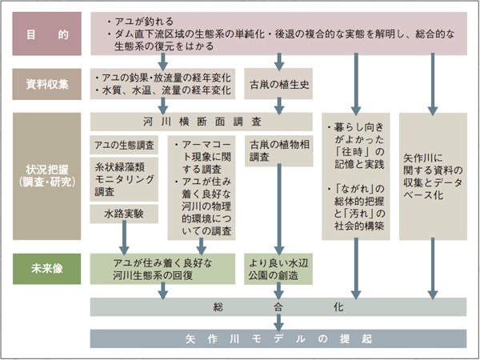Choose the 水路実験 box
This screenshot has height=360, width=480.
[x=124, y=214]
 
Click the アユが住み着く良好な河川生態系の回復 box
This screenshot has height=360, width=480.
[x=163, y=269]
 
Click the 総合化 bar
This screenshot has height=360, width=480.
[x=278, y=307]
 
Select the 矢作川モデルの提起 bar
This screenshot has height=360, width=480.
[x=278, y=338]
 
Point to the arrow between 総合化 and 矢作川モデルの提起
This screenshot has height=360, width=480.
[x=278, y=322]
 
